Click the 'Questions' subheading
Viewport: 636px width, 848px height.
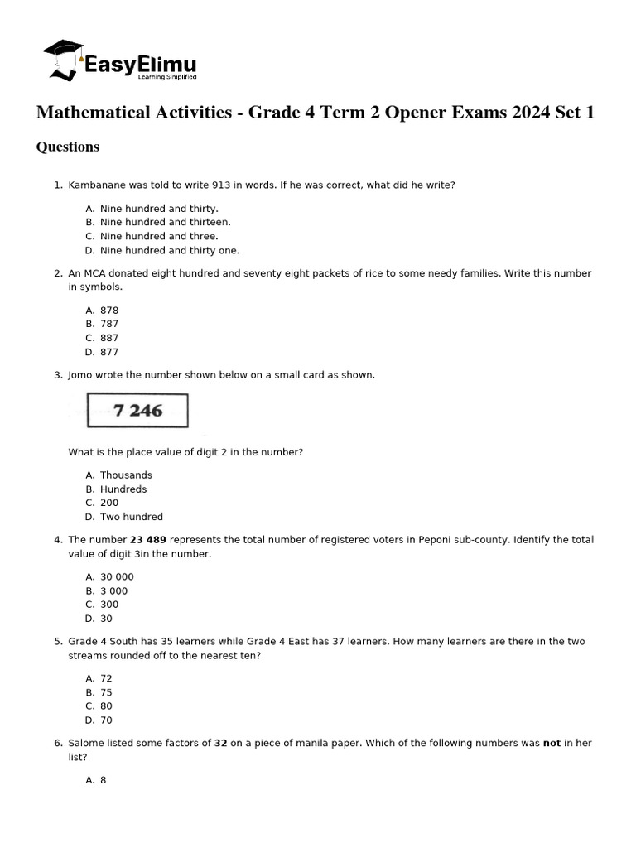click(x=68, y=147)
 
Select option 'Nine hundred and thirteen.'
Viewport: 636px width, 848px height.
click(x=166, y=222)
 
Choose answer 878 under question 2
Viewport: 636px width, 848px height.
click(x=109, y=311)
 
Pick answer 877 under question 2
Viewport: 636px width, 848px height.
click(x=109, y=352)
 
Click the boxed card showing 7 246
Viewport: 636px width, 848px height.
click(x=137, y=410)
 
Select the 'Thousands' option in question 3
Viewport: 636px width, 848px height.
click(x=126, y=475)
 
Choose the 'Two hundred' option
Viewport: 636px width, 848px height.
click(x=132, y=517)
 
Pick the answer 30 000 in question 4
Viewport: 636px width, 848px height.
click(x=117, y=577)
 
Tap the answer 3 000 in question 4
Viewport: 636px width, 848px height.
click(x=114, y=591)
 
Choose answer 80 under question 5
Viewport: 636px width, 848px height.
click(x=106, y=706)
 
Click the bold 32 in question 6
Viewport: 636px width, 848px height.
click(x=221, y=744)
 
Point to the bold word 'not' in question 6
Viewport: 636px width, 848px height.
click(x=552, y=744)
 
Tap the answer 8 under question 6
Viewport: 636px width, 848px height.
click(x=104, y=780)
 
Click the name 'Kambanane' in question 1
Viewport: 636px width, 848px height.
click(x=96, y=185)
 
